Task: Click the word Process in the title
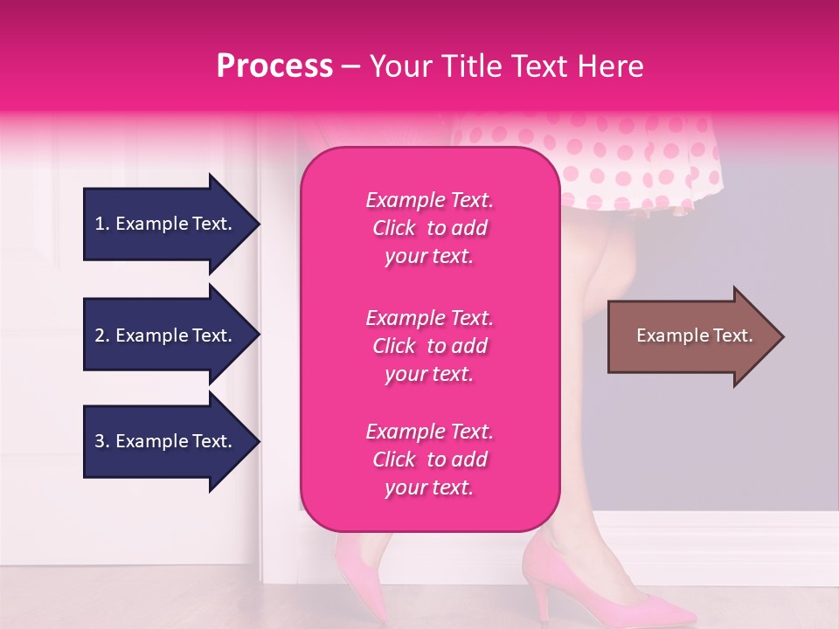[274, 66]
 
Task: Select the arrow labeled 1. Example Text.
[166, 224]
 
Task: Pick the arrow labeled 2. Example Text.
[166, 335]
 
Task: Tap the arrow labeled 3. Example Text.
[166, 441]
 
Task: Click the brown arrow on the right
[690, 336]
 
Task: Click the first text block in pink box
[429, 228]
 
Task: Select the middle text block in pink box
[429, 346]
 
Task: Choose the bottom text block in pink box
[429, 460]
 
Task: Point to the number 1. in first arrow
[102, 224]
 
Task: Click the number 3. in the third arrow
[102, 441]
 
